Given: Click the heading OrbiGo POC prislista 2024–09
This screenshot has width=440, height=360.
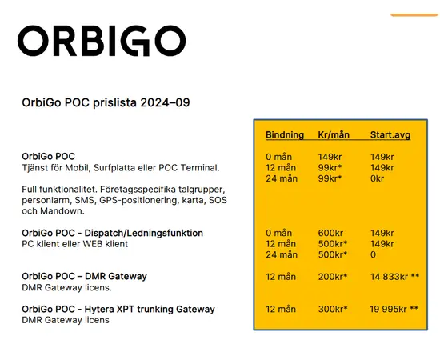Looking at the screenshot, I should (x=105, y=102).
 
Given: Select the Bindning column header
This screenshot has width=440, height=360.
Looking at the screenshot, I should (x=284, y=135).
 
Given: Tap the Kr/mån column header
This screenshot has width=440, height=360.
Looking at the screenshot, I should (x=334, y=135).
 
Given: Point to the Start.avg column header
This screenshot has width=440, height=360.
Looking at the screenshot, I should (x=390, y=135).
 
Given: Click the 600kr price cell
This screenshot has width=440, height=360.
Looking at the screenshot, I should (x=332, y=233).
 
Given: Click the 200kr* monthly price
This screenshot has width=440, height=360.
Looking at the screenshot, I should (x=333, y=276).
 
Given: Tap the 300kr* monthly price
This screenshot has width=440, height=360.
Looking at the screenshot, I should (x=333, y=309).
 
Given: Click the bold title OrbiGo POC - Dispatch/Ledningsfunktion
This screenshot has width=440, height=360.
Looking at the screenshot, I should (x=112, y=233).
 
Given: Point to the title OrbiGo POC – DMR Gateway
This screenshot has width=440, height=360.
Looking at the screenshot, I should (x=84, y=276).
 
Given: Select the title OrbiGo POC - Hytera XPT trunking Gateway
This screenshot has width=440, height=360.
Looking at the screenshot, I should (x=118, y=309).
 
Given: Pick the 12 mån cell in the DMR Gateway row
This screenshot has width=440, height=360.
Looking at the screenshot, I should (x=282, y=276).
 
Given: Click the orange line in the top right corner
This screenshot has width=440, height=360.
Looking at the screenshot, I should (x=414, y=15).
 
